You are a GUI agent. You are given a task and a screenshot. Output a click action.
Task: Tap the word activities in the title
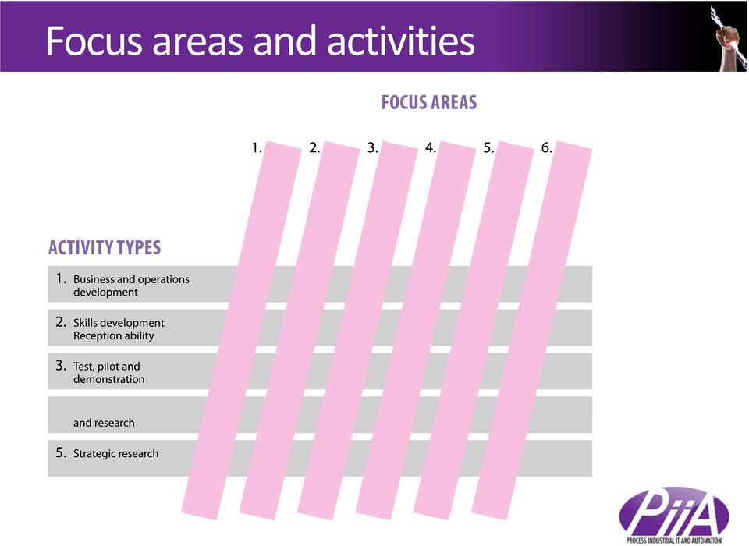click(x=401, y=41)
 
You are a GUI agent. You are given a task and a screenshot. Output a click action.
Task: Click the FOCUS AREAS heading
click(x=429, y=102)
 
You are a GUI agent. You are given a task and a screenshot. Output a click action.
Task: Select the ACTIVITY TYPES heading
click(x=105, y=247)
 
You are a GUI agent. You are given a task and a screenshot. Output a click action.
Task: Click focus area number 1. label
click(x=257, y=147)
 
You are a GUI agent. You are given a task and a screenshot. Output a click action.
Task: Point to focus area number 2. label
click(x=314, y=147)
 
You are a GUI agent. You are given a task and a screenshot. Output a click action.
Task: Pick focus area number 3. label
click(x=373, y=147)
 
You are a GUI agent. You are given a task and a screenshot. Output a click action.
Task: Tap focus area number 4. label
click(x=431, y=147)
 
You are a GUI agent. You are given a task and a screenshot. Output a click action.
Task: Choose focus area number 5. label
click(x=488, y=147)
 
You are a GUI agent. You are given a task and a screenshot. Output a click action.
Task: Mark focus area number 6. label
click(x=546, y=147)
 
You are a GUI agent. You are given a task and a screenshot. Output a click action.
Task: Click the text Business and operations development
click(x=131, y=285)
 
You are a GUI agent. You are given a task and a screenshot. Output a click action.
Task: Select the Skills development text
click(x=119, y=323)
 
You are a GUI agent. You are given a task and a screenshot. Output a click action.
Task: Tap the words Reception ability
click(x=114, y=336)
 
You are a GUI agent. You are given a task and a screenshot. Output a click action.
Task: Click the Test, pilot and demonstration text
click(x=109, y=373)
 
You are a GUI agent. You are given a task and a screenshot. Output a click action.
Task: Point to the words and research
click(x=104, y=423)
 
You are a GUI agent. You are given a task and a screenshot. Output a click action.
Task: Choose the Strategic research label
click(x=115, y=453)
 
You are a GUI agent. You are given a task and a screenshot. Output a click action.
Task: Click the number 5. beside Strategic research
click(x=61, y=452)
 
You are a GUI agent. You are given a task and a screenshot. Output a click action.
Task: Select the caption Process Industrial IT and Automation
click(x=673, y=541)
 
